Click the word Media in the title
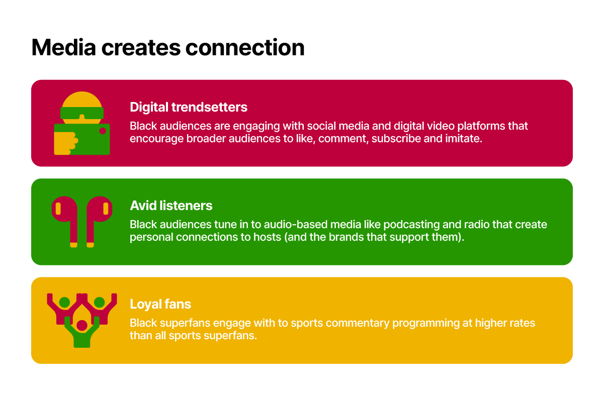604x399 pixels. pos(64,47)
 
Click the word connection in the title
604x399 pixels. pos(245,48)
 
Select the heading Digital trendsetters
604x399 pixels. pos(189,107)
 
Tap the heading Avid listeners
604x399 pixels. pos(171,206)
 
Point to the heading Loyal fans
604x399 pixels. pos(160,304)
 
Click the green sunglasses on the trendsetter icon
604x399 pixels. pos(82,113)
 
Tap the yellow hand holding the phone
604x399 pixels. pos(65,143)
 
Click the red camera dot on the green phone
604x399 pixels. pos(103,131)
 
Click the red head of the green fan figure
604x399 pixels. pos(82,325)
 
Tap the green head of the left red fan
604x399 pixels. pos(64,303)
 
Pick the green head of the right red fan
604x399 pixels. pos(100,303)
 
